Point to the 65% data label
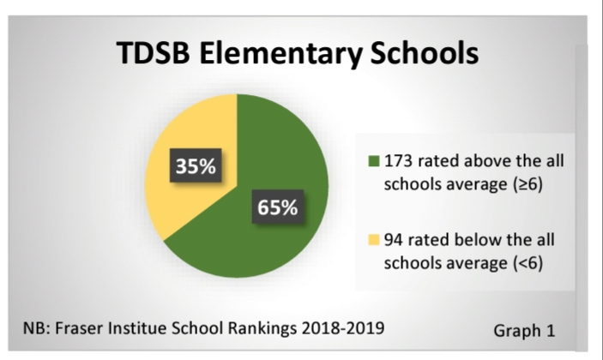pyautogui.click(x=277, y=207)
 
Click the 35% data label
pyautogui.click(x=196, y=166)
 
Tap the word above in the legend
pyautogui.click(x=487, y=160)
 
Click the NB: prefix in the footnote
pyautogui.click(x=38, y=327)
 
